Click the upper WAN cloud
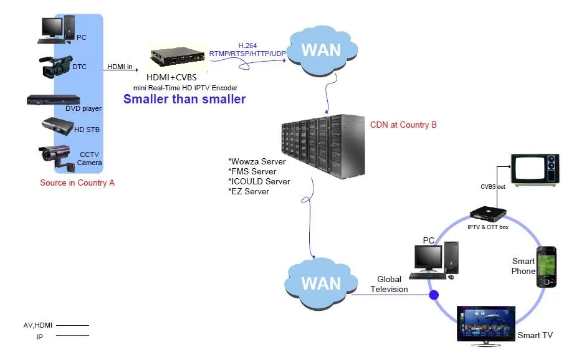tap(320, 50)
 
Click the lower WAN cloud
tap(320, 283)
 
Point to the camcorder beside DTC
tap(56, 66)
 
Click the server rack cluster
tap(322, 147)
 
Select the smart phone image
tap(546, 267)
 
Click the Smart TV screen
tap(486, 322)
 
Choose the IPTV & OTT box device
tap(488, 213)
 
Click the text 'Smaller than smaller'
tap(184, 99)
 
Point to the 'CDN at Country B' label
tap(403, 125)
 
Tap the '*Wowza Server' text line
tap(257, 162)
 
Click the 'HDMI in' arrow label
tap(120, 66)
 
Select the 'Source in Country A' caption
tap(77, 183)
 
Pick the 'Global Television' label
tap(390, 285)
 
